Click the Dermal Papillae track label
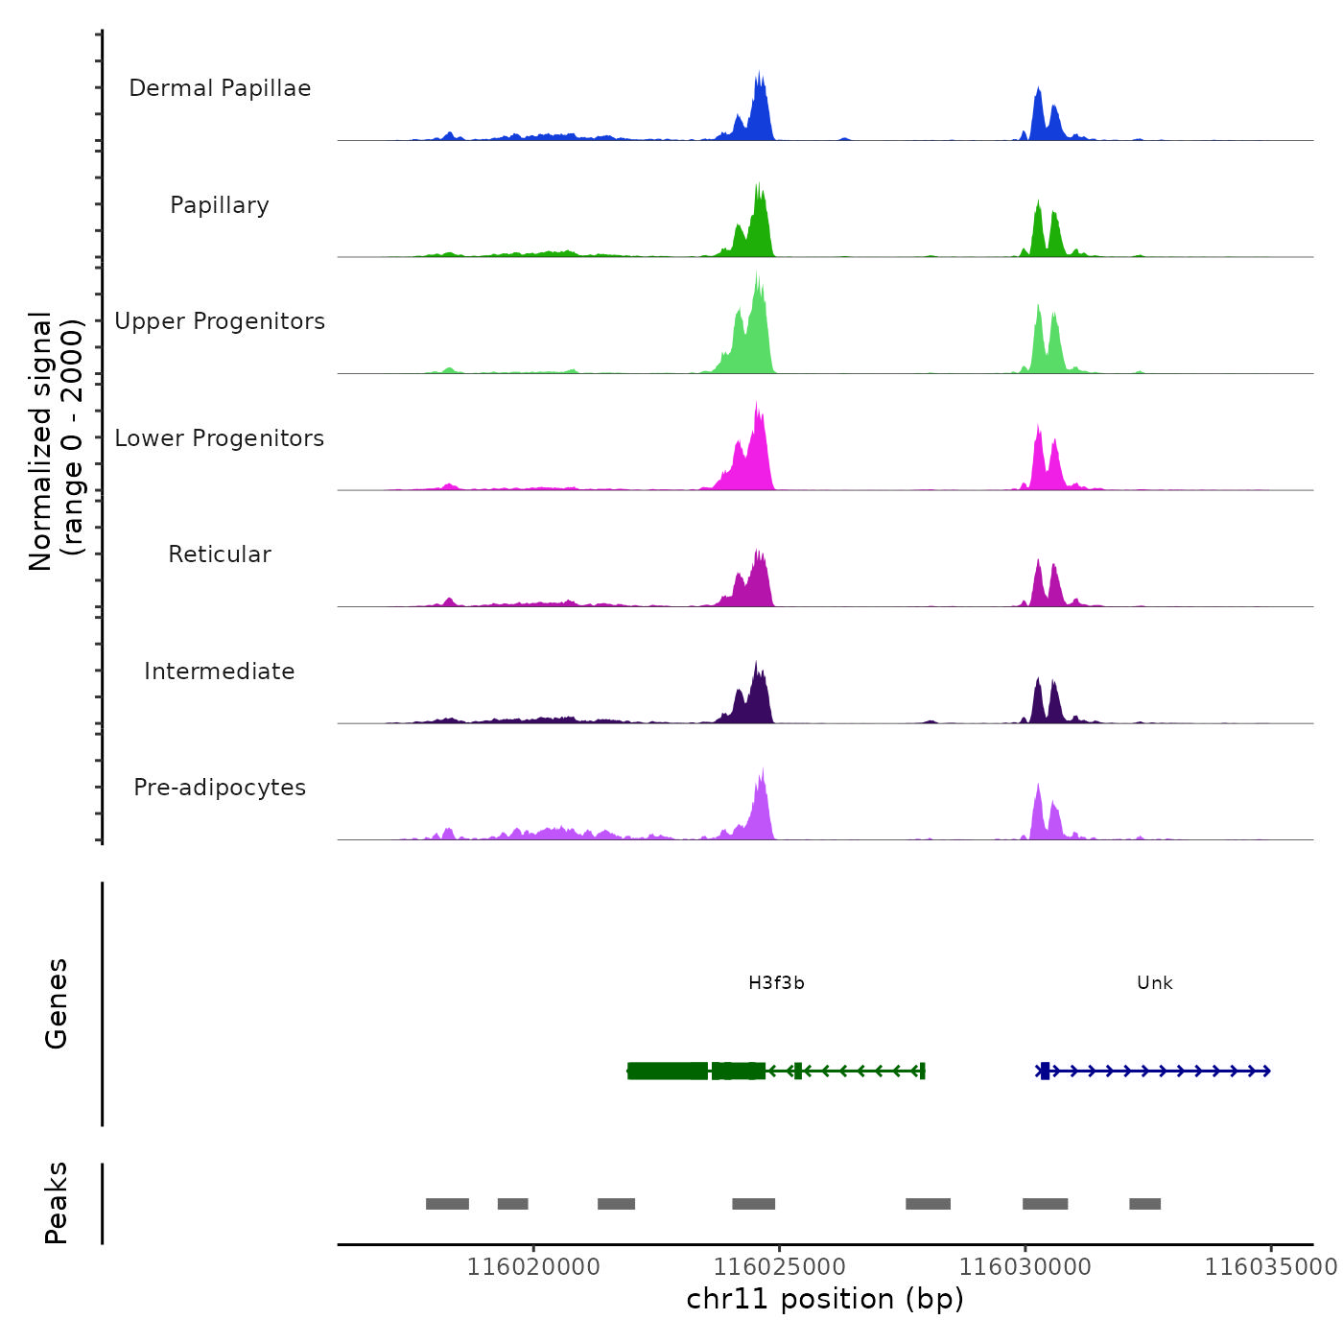[x=220, y=88]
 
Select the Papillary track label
[x=220, y=205]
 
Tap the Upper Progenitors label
[x=220, y=321]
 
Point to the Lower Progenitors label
[x=220, y=438]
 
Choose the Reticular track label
[x=220, y=554]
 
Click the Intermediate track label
[x=220, y=671]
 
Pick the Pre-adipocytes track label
[x=220, y=788]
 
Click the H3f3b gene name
[x=776, y=983]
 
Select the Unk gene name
[x=1154, y=983]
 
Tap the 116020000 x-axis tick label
[x=533, y=1267]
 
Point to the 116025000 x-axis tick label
[x=780, y=1267]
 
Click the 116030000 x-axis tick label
[x=1025, y=1267]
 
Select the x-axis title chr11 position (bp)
[x=825, y=1299]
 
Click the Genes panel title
[x=57, y=1003]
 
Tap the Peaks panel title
[x=57, y=1203]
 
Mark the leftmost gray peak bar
[x=447, y=1204]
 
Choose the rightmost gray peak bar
[x=1144, y=1204]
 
